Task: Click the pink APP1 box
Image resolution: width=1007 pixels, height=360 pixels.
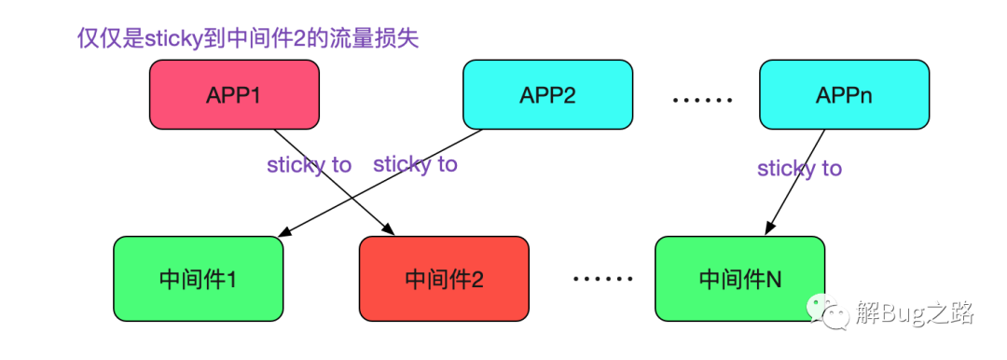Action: click(x=234, y=94)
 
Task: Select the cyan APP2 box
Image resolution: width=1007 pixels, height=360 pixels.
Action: click(x=548, y=94)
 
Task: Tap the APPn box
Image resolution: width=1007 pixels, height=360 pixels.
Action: click(x=844, y=94)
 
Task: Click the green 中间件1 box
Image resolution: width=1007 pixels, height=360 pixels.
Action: click(x=199, y=278)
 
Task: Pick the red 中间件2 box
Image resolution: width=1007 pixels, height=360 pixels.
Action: click(x=445, y=278)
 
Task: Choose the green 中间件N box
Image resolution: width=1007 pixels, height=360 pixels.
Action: click(x=739, y=278)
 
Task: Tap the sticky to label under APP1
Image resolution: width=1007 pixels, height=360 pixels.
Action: click(x=310, y=165)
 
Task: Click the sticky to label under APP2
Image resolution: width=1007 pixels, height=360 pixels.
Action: click(x=416, y=164)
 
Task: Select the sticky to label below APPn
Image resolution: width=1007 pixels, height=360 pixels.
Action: click(x=799, y=169)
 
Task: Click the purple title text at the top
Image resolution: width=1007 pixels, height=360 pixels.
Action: click(x=248, y=38)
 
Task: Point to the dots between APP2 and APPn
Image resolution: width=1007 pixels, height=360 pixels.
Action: click(x=702, y=101)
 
